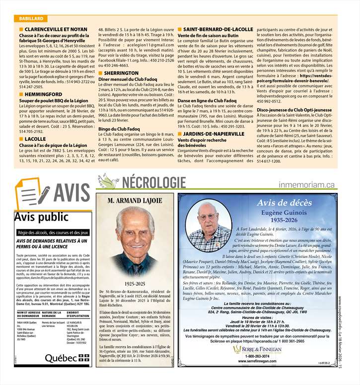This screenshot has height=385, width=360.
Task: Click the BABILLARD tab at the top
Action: (x=28, y=18)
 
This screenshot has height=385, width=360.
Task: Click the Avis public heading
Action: (x=37, y=217)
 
